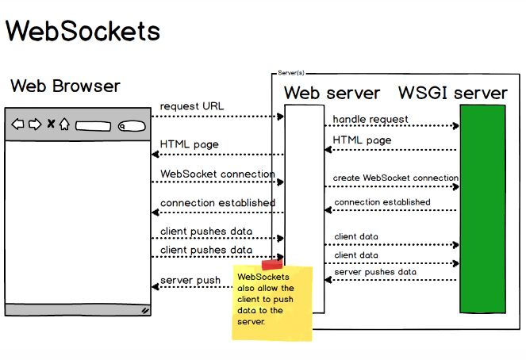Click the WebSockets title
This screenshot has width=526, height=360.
point(83,31)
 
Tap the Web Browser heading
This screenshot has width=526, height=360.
point(65,86)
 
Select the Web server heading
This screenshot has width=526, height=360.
point(332,93)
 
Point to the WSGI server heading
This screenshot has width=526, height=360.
point(452,93)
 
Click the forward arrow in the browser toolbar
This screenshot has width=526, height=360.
point(34,124)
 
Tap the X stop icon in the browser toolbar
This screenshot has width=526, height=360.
point(51,124)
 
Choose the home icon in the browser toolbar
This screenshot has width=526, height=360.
point(64,124)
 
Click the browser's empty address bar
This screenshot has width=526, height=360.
point(93,124)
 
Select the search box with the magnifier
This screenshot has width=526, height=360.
point(131,124)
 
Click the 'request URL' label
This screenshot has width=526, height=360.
point(192,106)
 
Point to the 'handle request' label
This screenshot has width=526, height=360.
point(371,119)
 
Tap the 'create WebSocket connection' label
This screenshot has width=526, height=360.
point(395,178)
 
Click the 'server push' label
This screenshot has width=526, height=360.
point(190,280)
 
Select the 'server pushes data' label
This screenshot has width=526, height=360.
point(375,271)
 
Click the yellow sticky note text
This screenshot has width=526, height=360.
point(267,299)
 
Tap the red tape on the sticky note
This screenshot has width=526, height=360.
point(272,264)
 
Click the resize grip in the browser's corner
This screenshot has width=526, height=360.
point(145,311)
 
